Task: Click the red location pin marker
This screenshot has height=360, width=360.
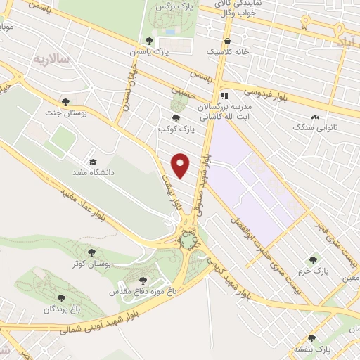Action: [x=181, y=165]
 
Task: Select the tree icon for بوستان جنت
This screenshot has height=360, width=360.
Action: [x=65, y=102]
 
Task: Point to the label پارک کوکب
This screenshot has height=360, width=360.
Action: [x=176, y=129]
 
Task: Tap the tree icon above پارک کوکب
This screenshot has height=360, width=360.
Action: [x=176, y=118]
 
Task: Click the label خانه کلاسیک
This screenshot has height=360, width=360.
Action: [x=223, y=52]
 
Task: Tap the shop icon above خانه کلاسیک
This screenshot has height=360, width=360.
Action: [x=229, y=41]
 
